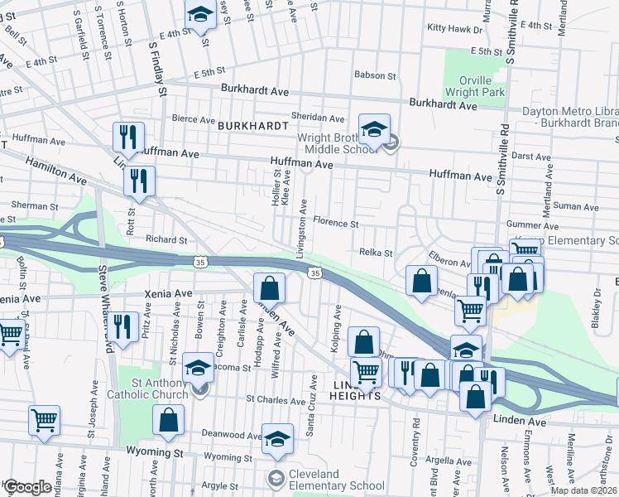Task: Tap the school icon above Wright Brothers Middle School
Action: pyautogui.click(x=374, y=130)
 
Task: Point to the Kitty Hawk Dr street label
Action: pyautogui.click(x=454, y=28)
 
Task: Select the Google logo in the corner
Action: pyautogui.click(x=26, y=487)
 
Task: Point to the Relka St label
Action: pyautogui.click(x=375, y=252)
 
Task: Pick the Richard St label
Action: pyautogui.click(x=166, y=240)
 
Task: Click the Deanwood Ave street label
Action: pyautogui.click(x=231, y=434)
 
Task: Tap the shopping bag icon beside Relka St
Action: pyautogui.click(x=421, y=280)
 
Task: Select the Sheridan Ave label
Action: pyautogui.click(x=317, y=118)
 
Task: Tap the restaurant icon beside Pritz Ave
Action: pyautogui.click(x=123, y=326)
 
